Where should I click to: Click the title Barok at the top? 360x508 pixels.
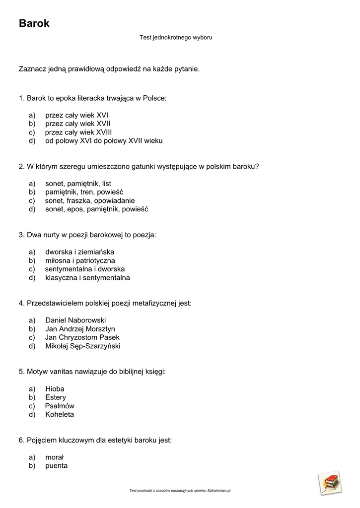pos(34,23)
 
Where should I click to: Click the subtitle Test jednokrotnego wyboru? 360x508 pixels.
pos(176,37)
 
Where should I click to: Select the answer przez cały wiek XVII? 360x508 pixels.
pos(77,124)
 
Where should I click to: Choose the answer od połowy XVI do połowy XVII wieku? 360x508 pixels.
pos(104,140)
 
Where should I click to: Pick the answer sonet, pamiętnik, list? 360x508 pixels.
pos(78,184)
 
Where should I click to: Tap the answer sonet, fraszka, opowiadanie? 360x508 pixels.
pos(90,200)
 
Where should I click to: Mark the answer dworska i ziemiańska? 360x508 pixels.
pos(79,252)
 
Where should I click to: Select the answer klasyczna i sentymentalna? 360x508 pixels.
pos(87,277)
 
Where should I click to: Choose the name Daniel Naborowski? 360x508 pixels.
pos(75,320)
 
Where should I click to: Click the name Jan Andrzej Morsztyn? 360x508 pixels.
pos(80,329)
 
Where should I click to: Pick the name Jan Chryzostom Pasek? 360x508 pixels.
pos(82,337)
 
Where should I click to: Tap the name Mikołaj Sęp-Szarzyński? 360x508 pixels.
pos(82,346)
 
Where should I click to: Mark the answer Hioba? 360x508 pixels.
pos(55,389)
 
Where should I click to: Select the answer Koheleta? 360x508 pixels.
pos(60,414)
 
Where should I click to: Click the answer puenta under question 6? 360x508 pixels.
pos(56,466)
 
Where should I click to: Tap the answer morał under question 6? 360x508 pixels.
pos(55,457)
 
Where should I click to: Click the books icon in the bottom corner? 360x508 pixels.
pos(330,483)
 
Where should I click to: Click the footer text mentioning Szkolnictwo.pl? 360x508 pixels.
pos(180,491)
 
